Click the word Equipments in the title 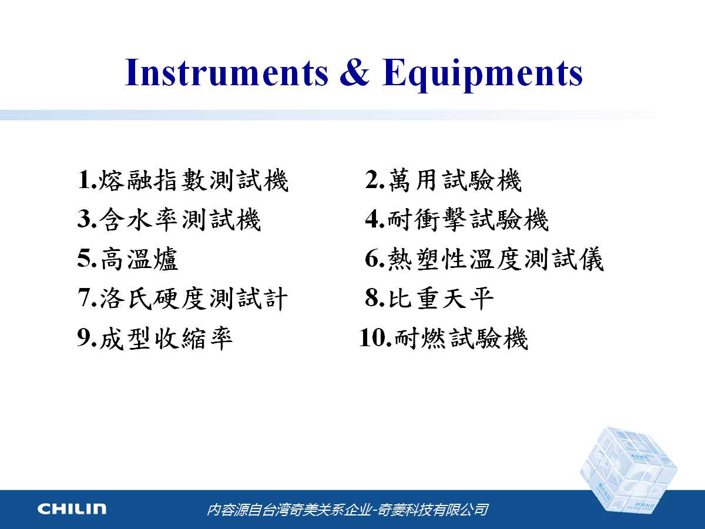[482, 75]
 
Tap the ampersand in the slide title [355, 72]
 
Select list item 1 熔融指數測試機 [183, 180]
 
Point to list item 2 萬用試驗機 [443, 180]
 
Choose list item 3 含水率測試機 [169, 220]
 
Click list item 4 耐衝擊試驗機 [456, 220]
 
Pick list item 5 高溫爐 [127, 259]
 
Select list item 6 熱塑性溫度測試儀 [484, 259]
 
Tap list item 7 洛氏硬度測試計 [183, 299]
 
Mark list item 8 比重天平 [429, 299]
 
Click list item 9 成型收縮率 [155, 338]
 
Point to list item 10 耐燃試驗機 [444, 338]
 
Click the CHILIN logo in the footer [72, 509]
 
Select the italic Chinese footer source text [347, 510]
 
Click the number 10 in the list [372, 338]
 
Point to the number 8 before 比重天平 [372, 299]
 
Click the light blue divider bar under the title [328, 115]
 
